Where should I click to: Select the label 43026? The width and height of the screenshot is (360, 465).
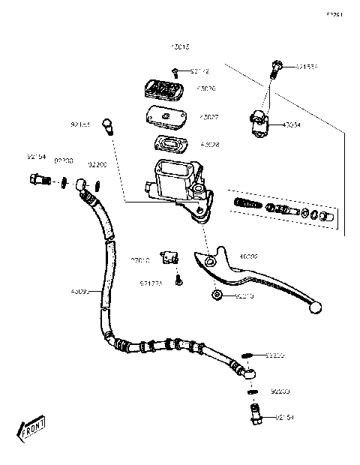tap(205, 88)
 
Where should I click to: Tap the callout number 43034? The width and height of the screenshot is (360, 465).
tap(292, 125)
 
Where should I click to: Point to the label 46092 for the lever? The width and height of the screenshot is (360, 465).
tap(248, 256)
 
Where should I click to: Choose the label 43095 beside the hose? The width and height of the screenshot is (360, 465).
tap(80, 292)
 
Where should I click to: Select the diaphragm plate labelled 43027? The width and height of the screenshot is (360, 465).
tap(165, 118)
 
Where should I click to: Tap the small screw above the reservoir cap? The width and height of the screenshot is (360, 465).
tap(175, 71)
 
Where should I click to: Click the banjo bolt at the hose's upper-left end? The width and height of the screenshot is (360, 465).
tap(36, 179)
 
